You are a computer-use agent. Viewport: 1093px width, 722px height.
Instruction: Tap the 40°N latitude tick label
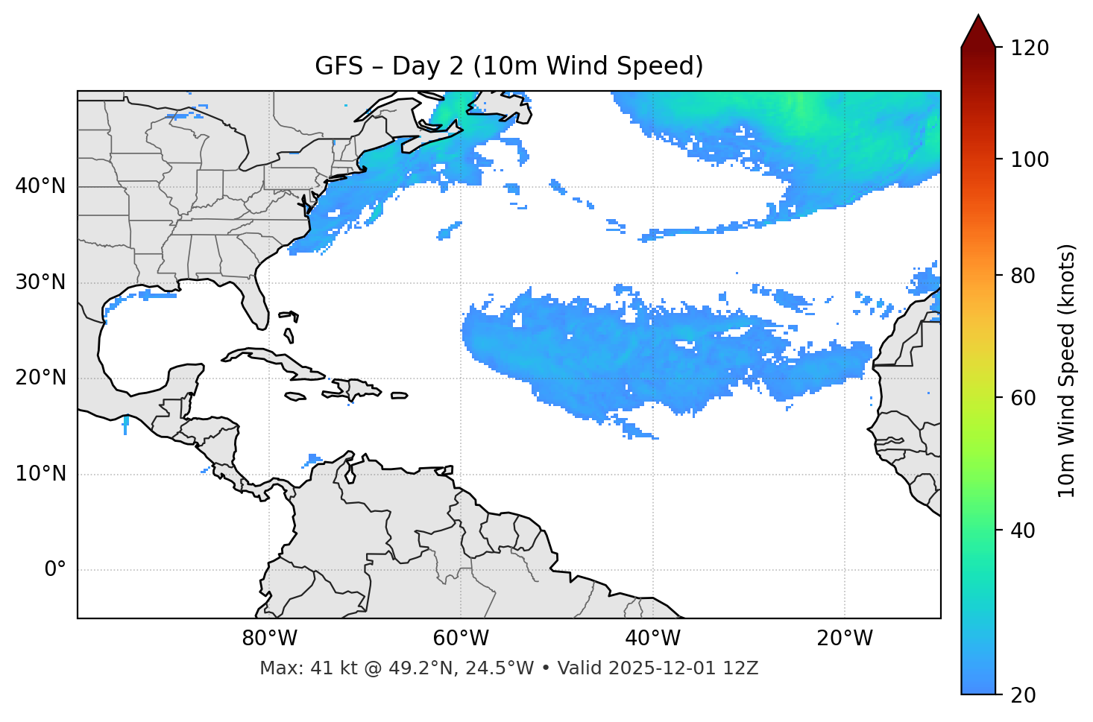(x=40, y=186)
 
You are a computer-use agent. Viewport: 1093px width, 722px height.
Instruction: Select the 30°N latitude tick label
(x=40, y=282)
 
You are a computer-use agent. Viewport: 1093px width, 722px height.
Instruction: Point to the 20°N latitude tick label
(x=40, y=378)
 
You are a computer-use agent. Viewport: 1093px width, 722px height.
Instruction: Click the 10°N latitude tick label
(x=40, y=474)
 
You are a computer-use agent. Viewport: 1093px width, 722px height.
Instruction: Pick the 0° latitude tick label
(x=55, y=570)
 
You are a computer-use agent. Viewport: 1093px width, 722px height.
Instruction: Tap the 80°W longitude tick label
(x=269, y=639)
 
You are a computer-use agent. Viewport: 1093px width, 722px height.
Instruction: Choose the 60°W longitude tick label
(x=461, y=639)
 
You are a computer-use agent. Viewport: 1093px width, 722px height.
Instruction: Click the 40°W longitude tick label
(x=652, y=639)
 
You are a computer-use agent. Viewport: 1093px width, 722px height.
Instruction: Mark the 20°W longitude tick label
(x=844, y=639)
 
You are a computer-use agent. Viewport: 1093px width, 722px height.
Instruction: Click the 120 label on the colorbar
(x=1030, y=48)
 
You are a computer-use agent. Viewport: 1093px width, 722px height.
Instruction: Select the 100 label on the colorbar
(x=1030, y=159)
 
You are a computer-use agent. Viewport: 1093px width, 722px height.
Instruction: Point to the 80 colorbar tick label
(x=1024, y=276)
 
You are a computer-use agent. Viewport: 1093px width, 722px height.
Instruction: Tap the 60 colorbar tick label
(x=1024, y=398)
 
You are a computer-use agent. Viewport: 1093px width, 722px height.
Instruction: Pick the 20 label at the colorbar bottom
(x=1024, y=695)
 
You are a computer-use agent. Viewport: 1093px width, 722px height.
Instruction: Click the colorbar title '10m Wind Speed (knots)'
(x=1067, y=370)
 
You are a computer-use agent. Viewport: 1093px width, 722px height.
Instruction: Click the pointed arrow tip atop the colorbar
(x=978, y=16)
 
